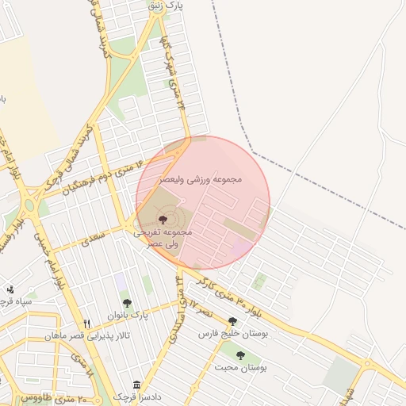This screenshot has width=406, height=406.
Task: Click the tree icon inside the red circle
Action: [x=163, y=219]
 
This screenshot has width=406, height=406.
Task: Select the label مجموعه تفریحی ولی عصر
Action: [x=163, y=237]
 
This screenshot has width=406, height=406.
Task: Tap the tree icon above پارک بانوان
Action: [x=127, y=303]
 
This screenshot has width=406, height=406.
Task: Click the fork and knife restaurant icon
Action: [x=87, y=324]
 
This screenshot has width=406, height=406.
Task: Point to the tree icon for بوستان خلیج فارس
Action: [x=232, y=321]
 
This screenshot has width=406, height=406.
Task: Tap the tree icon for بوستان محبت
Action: [x=240, y=355]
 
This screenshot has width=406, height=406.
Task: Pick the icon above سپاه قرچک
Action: [x=10, y=289]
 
